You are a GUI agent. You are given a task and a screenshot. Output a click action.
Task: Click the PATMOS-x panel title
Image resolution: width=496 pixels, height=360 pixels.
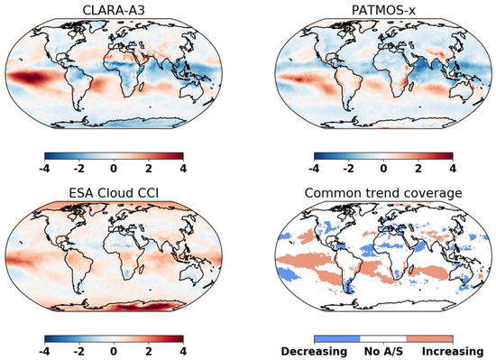pos(383,11)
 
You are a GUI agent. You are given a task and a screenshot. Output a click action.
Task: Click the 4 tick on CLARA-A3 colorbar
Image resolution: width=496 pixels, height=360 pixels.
pos(183,168)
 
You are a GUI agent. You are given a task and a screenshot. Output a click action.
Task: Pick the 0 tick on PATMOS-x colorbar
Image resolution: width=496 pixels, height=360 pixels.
pos(383,168)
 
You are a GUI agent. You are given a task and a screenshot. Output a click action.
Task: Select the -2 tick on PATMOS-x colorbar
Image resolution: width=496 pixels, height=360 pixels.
pos(348,168)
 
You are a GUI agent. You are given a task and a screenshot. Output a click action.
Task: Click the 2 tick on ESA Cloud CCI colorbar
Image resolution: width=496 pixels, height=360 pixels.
pos(148,349)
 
